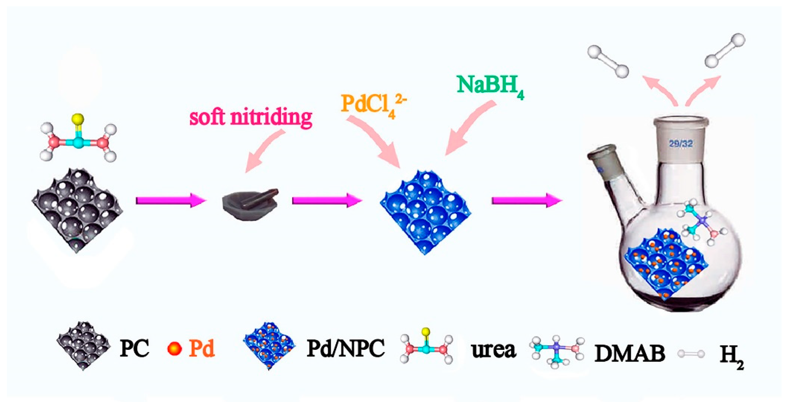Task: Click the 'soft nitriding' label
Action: (250, 117)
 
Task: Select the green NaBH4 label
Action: (490, 85)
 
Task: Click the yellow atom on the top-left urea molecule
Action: (78, 118)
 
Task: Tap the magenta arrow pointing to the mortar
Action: (170, 200)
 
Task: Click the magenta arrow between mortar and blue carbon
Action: (327, 200)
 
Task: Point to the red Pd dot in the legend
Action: (175, 349)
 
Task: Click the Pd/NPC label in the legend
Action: (346, 349)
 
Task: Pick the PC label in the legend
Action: (134, 349)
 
